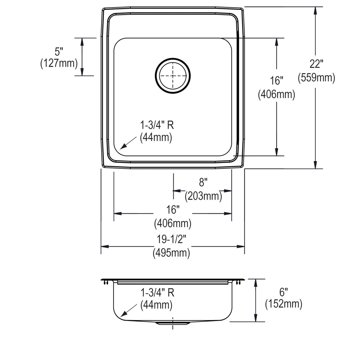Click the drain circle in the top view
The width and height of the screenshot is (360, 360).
[x=173, y=76]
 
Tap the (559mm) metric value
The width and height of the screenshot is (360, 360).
[x=316, y=78]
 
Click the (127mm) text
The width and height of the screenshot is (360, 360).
[x=59, y=64]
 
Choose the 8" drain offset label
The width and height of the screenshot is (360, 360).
[x=203, y=182]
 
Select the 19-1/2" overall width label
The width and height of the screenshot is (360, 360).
[x=172, y=239]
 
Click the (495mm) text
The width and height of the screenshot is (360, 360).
[x=172, y=253]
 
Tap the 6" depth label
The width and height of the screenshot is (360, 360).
[x=283, y=291]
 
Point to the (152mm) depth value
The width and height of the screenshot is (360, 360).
[x=283, y=304]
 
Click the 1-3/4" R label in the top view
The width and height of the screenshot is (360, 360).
[x=157, y=125]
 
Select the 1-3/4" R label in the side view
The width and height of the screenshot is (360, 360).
[x=157, y=292]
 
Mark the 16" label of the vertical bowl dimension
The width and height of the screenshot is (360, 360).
[x=276, y=81]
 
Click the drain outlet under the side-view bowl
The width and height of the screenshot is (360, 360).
[x=172, y=323]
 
